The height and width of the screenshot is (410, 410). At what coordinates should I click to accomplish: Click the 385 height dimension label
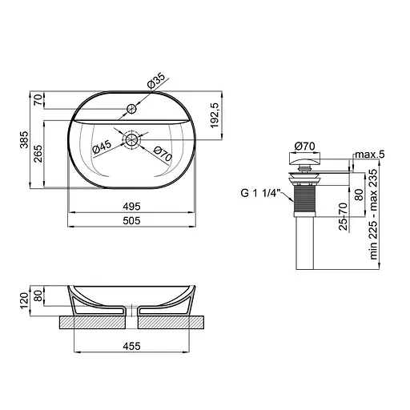(25, 139)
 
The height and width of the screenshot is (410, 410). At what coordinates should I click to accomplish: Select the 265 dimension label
(38, 154)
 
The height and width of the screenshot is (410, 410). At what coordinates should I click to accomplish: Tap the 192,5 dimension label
(215, 115)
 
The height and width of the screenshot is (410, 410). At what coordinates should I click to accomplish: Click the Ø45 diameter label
(102, 147)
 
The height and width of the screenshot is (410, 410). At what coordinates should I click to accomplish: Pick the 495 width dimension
(131, 207)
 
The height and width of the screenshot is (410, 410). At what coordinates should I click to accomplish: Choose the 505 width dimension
(131, 221)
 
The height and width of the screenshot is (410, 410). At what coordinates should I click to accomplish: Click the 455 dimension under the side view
(131, 346)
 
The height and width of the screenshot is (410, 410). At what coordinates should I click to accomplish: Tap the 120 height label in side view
(25, 300)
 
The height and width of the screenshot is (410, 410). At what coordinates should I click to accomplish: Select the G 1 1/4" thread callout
(259, 193)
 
